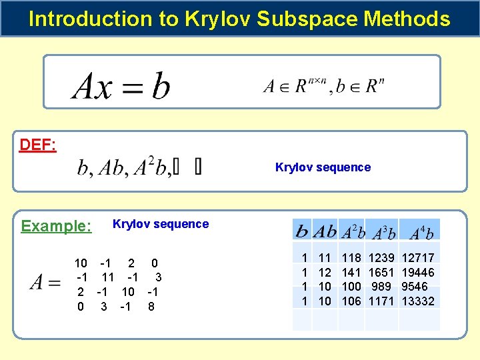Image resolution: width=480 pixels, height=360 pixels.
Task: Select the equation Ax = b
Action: tap(121, 86)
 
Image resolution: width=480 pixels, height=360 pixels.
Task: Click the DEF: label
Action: tap(37, 145)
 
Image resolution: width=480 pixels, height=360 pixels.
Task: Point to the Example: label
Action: tap(56, 226)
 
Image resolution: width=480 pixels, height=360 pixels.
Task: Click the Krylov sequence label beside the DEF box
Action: tap(323, 167)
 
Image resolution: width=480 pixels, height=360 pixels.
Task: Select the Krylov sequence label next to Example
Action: tap(161, 224)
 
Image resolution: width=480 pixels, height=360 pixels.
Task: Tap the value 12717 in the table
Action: tap(418, 258)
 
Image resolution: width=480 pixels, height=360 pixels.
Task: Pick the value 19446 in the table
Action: tap(418, 272)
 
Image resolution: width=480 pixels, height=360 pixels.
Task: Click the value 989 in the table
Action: tap(382, 287)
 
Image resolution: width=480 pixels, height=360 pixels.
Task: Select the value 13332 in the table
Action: tap(418, 301)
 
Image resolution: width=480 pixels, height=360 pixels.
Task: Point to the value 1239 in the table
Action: tap(382, 258)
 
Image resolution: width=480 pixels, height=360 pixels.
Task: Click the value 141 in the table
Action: tap(351, 272)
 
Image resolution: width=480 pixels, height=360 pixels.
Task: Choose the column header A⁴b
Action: tap(421, 233)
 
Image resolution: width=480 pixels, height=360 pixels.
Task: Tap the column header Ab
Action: tap(325, 232)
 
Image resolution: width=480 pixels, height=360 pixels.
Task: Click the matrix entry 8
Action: tap(151, 307)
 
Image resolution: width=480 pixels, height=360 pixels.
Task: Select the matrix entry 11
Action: tap(108, 277)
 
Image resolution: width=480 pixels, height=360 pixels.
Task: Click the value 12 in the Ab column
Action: tap(325, 272)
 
